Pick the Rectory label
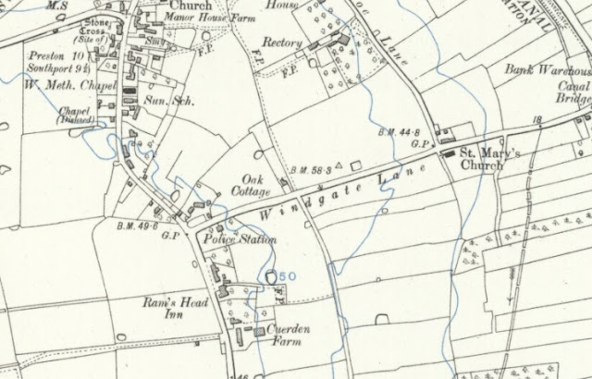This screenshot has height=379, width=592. (x=281, y=43)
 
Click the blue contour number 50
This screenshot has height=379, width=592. (x=287, y=275)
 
